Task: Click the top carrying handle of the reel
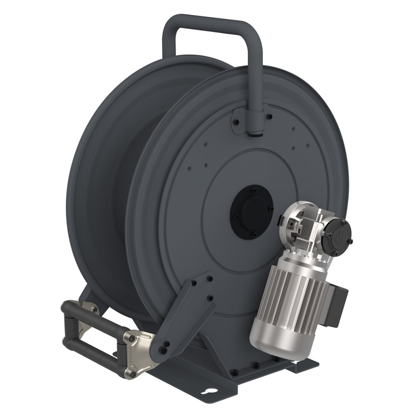coord(211,23)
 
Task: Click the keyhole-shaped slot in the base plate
coord(212,391)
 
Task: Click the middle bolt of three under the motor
coord(255,366)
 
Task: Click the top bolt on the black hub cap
coord(253,190)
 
